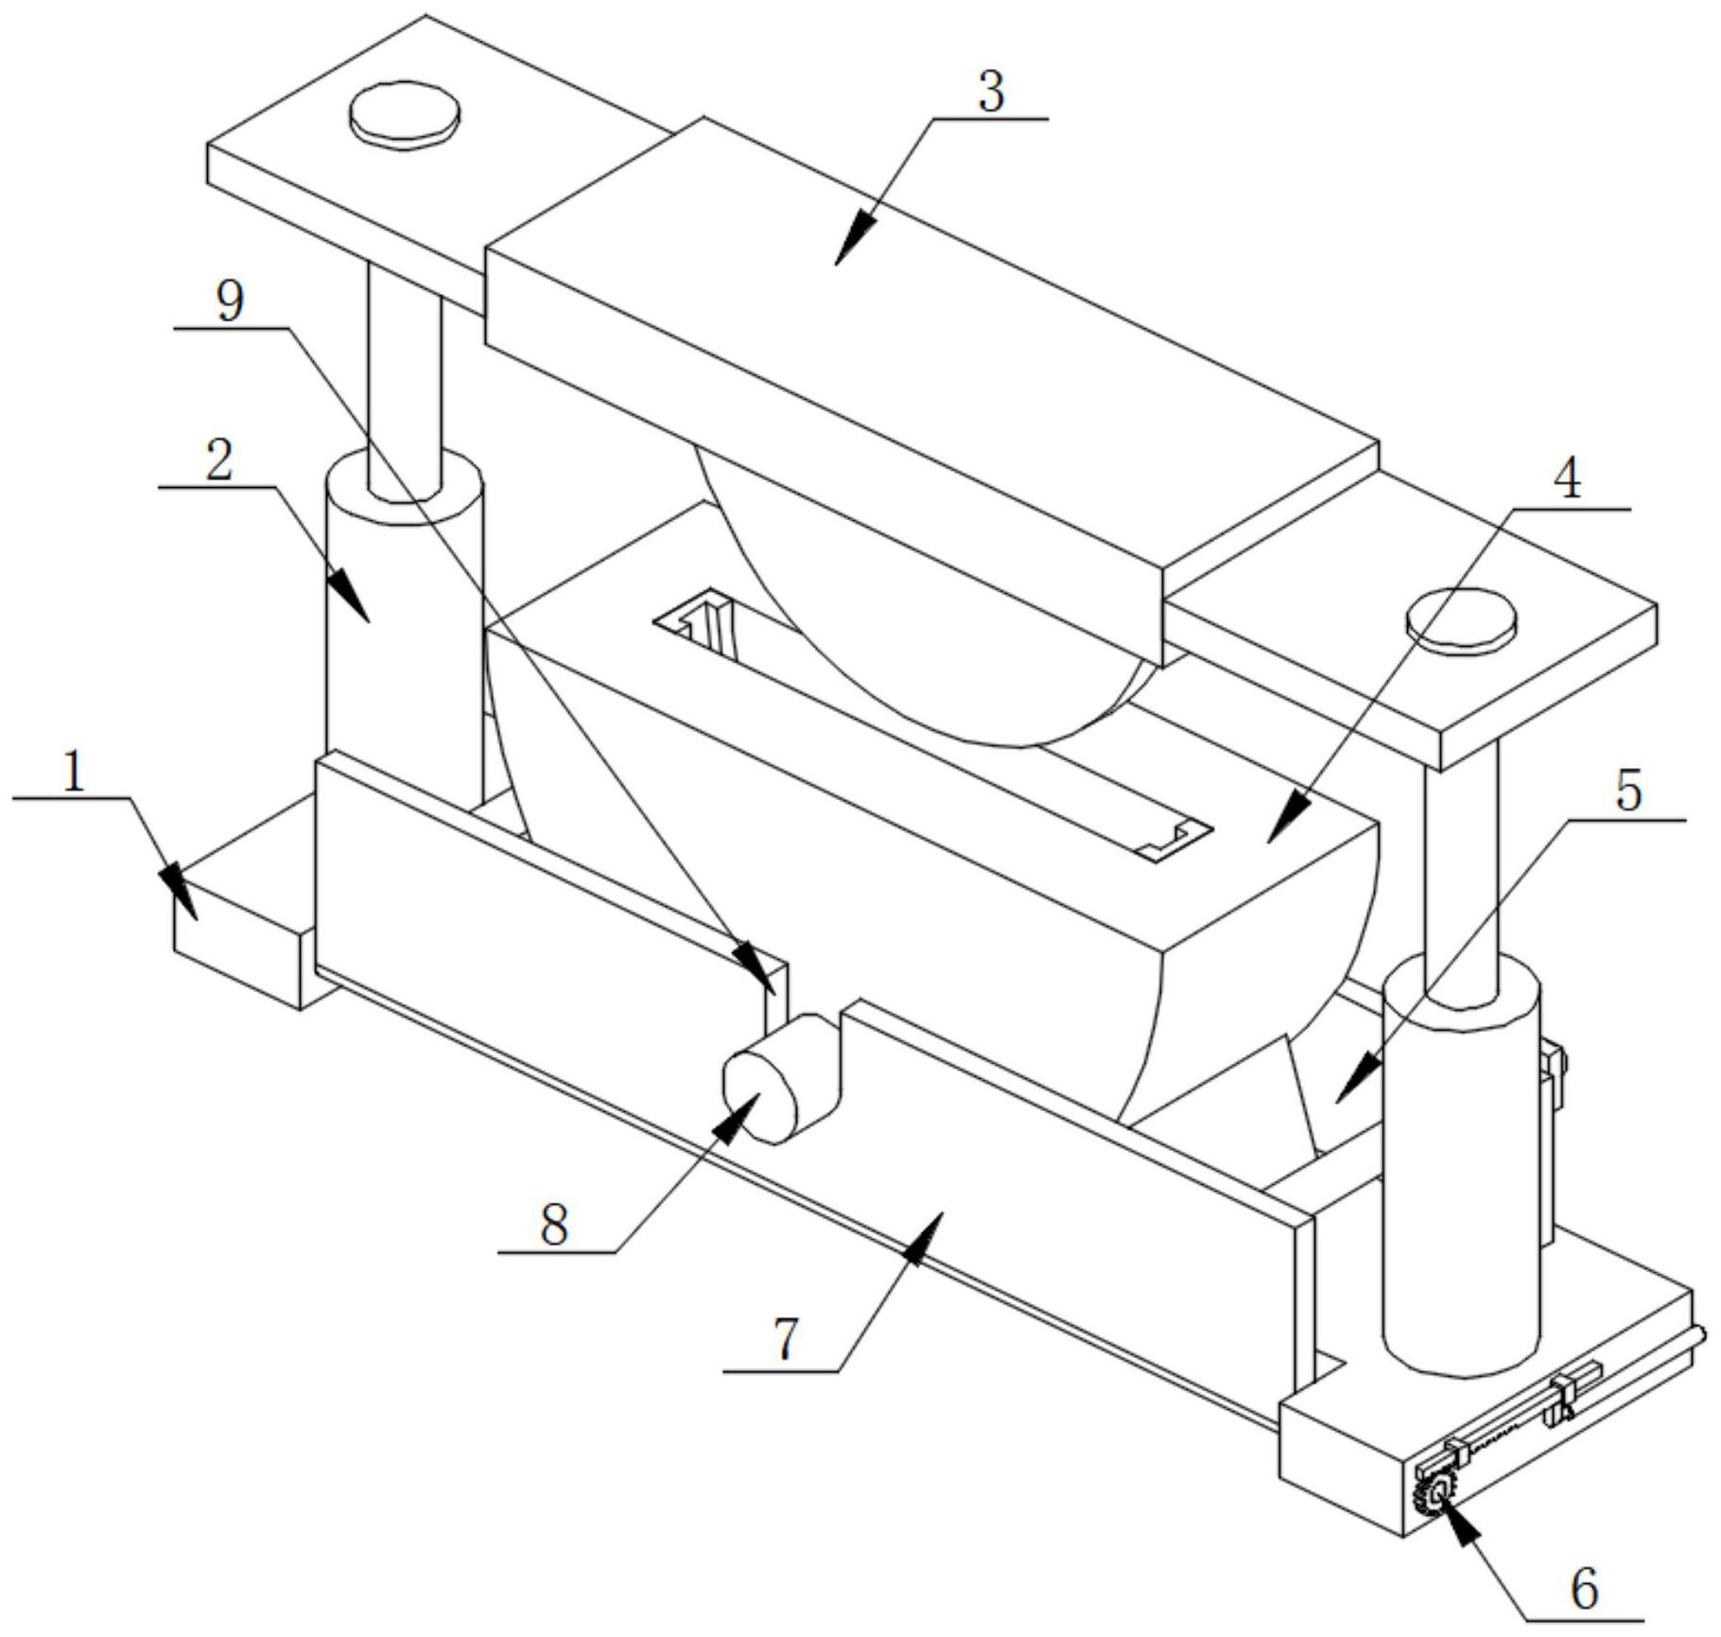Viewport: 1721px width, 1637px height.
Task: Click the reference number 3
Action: [x=990, y=93]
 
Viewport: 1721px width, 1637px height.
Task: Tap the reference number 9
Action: [x=230, y=302]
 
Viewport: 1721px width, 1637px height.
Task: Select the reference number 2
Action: [x=218, y=461]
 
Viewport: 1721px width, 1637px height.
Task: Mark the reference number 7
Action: [x=786, y=1339]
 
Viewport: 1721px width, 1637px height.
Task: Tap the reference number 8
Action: [x=554, y=1227]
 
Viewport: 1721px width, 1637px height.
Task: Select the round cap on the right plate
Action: [x=1461, y=618]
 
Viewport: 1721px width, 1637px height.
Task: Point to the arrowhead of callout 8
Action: [x=740, y=1116]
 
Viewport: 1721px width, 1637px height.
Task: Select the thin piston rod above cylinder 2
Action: [x=405, y=378]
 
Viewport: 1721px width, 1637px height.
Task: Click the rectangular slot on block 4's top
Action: [x=931, y=723]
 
